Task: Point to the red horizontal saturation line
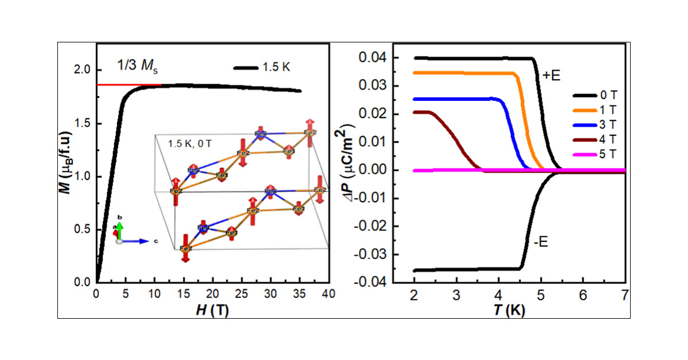(x=129, y=85)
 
